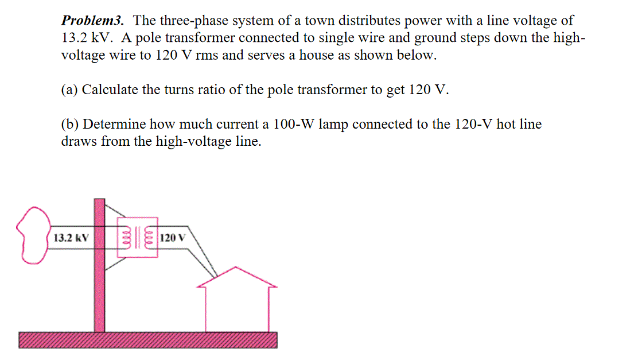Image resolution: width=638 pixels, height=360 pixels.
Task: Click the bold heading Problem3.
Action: pyautogui.click(x=92, y=21)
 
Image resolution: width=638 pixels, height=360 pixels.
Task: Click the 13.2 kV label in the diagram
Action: pyautogui.click(x=70, y=238)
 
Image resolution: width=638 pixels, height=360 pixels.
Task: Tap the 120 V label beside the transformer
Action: pyautogui.click(x=173, y=238)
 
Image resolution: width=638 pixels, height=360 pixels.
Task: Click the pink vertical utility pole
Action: pyautogui.click(x=100, y=287)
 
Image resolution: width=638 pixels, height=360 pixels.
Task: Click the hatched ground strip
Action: pyautogui.click(x=147, y=340)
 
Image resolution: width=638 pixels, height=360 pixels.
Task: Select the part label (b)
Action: pyautogui.click(x=71, y=125)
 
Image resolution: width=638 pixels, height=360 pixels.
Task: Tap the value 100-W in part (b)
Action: pyautogui.click(x=293, y=125)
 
